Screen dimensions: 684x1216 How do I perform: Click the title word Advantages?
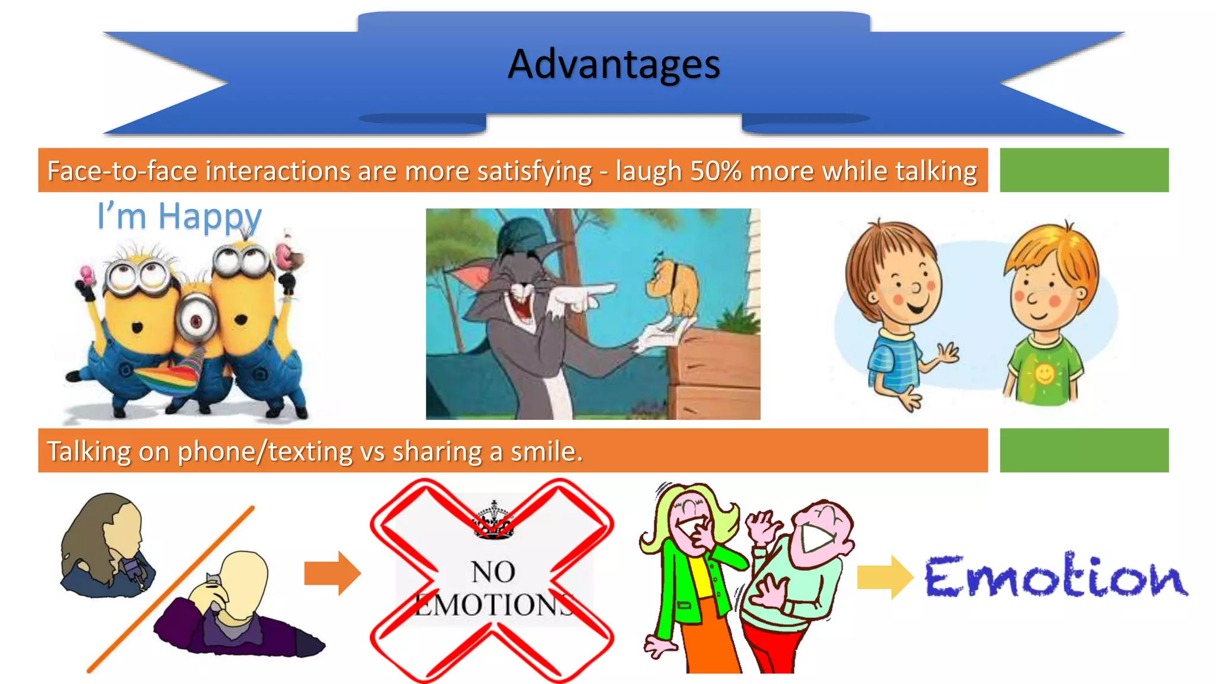613,64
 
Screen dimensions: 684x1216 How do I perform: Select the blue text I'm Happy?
179,216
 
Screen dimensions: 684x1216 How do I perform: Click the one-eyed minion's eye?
196,320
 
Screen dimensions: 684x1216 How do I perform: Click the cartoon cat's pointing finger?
600,290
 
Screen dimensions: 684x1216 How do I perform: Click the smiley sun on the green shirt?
1044,373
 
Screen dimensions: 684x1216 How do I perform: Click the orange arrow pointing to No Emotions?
332,574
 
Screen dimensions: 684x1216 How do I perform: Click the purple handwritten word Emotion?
1055,576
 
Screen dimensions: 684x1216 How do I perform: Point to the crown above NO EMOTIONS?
493,520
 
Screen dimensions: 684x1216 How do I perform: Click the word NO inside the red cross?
493,572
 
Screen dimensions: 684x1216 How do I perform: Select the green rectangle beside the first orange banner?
1084,170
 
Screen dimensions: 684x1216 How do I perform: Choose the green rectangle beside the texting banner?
1084,451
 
